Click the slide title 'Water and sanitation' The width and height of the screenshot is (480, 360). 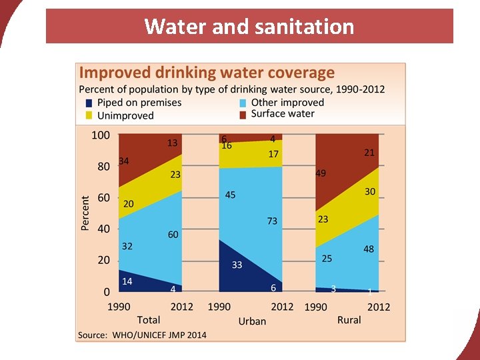pos(249,27)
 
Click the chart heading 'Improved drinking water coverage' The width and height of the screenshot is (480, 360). pos(207,73)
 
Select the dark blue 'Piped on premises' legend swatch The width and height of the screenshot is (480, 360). pos(89,103)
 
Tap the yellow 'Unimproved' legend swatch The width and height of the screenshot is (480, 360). pos(89,115)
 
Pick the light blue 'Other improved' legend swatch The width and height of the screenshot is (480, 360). pos(243,103)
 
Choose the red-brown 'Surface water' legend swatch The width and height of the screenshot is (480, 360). pos(243,114)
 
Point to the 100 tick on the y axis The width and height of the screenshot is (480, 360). pos(100,135)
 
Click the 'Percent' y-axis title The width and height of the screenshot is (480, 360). pos(85,213)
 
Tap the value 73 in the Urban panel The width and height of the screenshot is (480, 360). pos(272,221)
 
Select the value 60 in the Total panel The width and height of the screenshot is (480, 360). pos(173,235)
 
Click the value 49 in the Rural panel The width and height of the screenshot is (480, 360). pos(321,173)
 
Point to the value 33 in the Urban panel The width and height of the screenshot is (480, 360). pos(237,265)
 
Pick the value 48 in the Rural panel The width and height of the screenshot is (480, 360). pos(369,249)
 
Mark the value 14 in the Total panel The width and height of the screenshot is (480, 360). pos(127,281)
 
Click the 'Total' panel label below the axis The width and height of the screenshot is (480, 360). pos(149,320)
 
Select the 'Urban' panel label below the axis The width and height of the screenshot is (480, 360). pos(252,321)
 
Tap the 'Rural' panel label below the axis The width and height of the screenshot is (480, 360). pos(349,320)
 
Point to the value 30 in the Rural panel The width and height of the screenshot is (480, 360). pos(370,191)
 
